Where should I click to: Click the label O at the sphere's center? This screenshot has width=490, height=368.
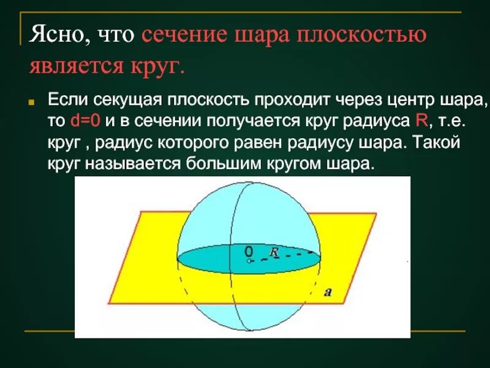tap(248, 251)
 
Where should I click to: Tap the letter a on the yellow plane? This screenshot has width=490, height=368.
tap(328, 293)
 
